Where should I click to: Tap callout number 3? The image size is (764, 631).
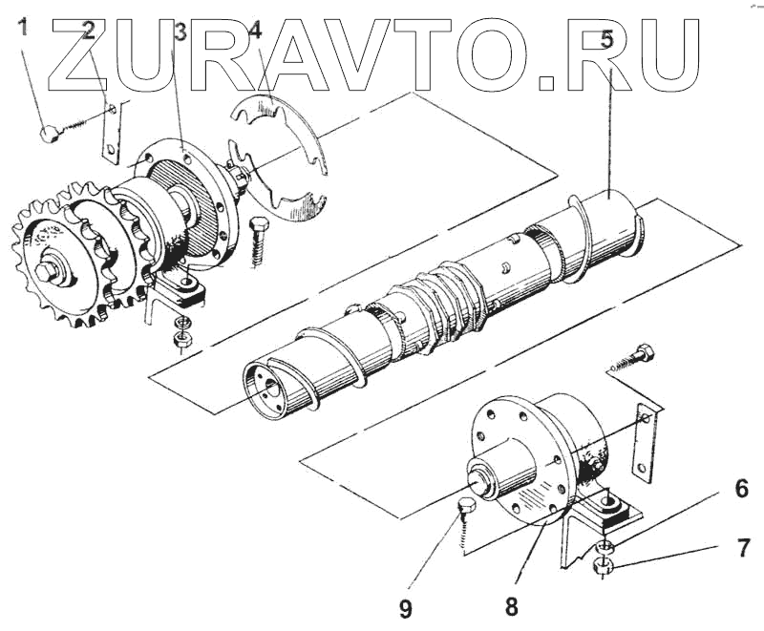click(179, 33)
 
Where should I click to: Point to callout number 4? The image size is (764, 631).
click(254, 31)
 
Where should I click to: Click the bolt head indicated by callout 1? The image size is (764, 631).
click(51, 133)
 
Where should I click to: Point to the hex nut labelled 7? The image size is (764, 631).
click(604, 565)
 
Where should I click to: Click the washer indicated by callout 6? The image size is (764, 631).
click(604, 546)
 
